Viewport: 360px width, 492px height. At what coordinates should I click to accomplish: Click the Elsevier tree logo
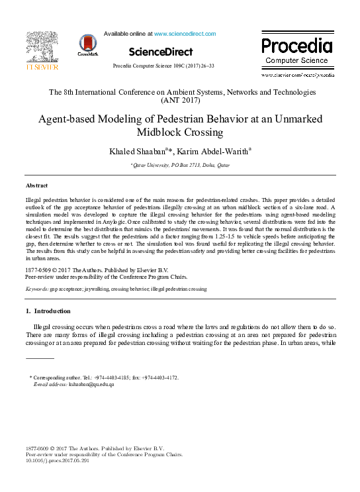[x=42, y=48]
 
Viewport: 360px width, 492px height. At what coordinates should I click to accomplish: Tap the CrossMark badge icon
[x=87, y=44]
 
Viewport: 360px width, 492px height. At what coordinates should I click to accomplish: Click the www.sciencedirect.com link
[x=185, y=33]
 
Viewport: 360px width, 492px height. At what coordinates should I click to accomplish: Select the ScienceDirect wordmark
[x=161, y=52]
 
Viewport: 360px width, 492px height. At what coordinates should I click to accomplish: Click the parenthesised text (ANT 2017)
[x=179, y=101]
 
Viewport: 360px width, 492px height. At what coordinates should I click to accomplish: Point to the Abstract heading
[x=36, y=185]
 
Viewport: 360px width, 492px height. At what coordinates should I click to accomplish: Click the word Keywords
[x=37, y=289]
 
